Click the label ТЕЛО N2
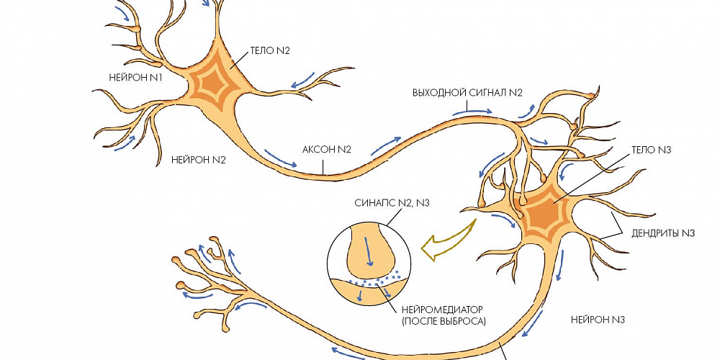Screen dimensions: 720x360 click(x=270, y=51)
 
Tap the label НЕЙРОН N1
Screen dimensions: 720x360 click(x=135, y=78)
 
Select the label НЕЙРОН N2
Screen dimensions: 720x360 click(x=199, y=160)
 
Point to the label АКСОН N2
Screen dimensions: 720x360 click(x=326, y=149)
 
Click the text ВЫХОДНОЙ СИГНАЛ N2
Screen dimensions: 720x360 click(x=467, y=92)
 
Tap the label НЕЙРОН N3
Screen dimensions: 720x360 click(x=598, y=319)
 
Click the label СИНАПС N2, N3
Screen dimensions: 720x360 click(x=392, y=202)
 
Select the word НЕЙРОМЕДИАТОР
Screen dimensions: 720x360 click(x=443, y=309)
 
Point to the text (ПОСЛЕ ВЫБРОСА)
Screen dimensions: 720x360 click(x=443, y=321)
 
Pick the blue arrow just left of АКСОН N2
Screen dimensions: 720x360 click(x=280, y=158)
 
